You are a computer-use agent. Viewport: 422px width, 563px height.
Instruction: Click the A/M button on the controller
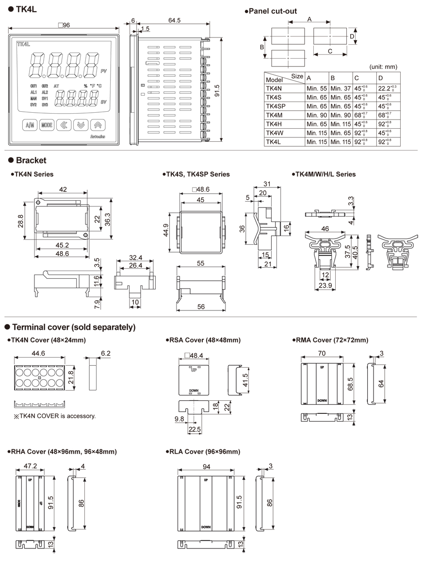(30, 125)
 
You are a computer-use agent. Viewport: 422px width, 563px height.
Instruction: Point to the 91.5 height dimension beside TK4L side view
(216, 90)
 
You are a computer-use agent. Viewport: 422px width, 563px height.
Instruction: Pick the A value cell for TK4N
(316, 88)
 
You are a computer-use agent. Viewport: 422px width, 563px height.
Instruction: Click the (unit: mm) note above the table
(383, 66)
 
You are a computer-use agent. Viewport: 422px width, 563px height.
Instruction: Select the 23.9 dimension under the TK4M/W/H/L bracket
(326, 286)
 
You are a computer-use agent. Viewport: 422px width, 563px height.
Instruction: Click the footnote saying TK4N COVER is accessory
(54, 416)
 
